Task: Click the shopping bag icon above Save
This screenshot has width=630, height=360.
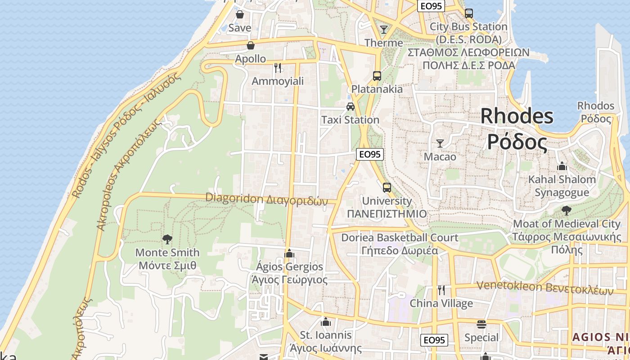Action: click(x=240, y=15)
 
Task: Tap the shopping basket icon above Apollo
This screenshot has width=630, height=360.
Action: click(x=251, y=45)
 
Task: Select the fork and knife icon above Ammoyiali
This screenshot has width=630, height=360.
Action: click(x=278, y=68)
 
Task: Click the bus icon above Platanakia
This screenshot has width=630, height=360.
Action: click(x=377, y=76)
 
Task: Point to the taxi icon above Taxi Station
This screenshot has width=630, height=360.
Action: click(x=350, y=107)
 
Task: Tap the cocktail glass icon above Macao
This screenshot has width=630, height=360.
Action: click(x=440, y=144)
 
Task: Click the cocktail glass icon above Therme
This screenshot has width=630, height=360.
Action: click(x=383, y=30)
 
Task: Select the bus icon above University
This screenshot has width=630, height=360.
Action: click(x=387, y=188)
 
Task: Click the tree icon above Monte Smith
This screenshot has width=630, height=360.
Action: click(x=167, y=239)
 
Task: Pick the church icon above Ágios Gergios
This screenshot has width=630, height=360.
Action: click(x=289, y=253)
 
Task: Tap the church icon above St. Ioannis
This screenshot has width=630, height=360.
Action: click(x=326, y=322)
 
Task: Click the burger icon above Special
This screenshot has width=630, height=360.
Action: click(x=481, y=324)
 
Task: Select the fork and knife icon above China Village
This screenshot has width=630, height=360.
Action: click(x=441, y=290)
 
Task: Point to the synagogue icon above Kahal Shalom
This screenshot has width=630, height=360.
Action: click(x=561, y=166)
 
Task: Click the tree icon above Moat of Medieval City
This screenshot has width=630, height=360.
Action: click(x=567, y=210)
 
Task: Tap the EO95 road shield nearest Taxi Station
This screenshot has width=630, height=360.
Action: click(x=370, y=154)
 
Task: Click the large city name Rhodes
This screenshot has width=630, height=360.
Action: click(x=517, y=116)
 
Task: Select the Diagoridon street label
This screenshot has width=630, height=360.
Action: click(x=266, y=198)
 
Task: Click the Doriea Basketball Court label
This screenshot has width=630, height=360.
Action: click(x=400, y=237)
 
